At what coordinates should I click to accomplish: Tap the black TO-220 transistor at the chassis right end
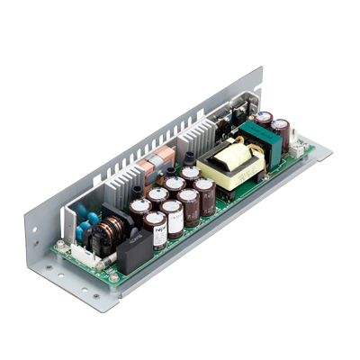tap(242, 107)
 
